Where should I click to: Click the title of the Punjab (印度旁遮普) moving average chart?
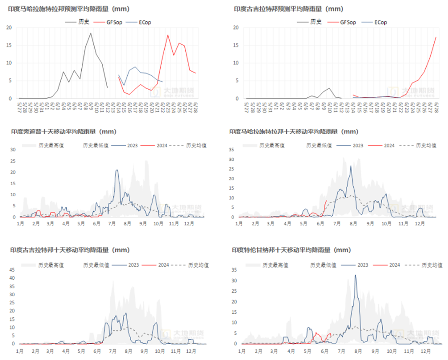point(64,132)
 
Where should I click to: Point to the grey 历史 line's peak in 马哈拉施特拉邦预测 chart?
point(91,33)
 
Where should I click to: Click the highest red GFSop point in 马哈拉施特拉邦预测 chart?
point(168,35)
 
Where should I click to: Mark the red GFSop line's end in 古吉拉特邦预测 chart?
point(436,37)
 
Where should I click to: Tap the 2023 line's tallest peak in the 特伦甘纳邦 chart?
point(356,275)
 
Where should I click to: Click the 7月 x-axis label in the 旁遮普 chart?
point(111,224)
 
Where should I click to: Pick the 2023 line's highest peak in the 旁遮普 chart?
point(117,170)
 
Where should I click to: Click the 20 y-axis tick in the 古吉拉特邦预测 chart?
point(236,28)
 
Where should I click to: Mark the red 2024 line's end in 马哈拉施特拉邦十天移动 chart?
point(326,200)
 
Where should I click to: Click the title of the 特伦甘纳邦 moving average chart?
point(291,250)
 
